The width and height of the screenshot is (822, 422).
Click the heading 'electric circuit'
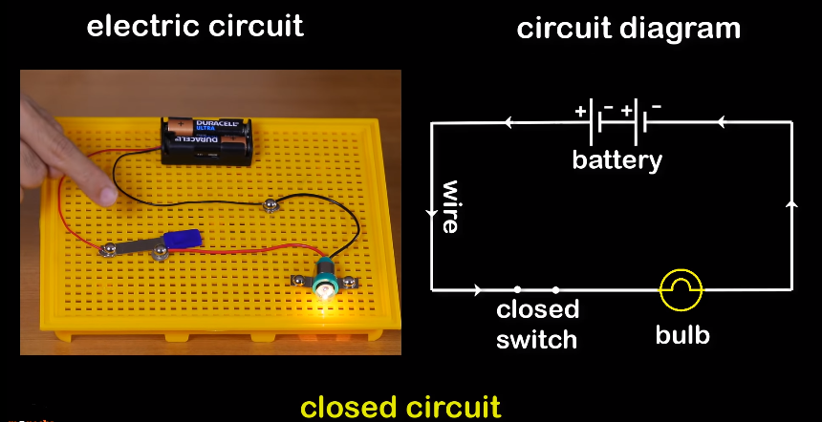pyautogui.click(x=195, y=26)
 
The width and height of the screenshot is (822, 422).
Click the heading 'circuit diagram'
pyautogui.click(x=628, y=29)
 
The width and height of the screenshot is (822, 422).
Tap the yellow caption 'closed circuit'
pyautogui.click(x=400, y=407)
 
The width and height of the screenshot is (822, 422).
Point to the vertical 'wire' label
pyautogui.click(x=449, y=206)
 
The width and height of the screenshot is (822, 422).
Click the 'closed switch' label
pyautogui.click(x=537, y=324)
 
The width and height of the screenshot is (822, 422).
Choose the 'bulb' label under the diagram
pyautogui.click(x=682, y=335)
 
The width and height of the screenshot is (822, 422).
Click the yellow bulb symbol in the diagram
pyautogui.click(x=682, y=287)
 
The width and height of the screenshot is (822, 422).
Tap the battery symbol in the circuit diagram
pyautogui.click(x=620, y=122)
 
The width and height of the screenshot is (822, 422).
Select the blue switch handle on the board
pyautogui.click(x=182, y=240)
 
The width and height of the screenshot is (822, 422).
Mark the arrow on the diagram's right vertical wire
pyautogui.click(x=791, y=204)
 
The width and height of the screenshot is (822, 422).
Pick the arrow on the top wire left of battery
pyautogui.click(x=509, y=122)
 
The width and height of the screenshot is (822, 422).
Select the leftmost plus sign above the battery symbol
pyautogui.click(x=580, y=111)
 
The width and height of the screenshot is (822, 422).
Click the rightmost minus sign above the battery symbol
pyautogui.click(x=656, y=106)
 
